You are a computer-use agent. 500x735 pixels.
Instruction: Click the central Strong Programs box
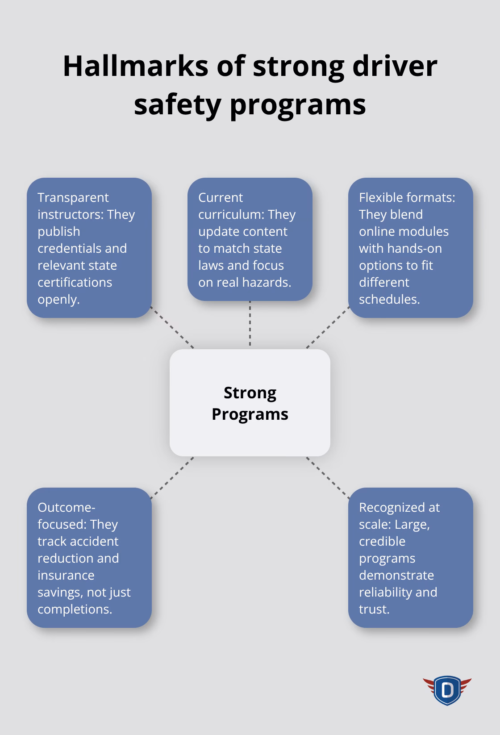coord(250,403)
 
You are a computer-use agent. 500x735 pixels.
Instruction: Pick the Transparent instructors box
coord(89,248)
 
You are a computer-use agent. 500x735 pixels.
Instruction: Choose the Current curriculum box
coord(250,239)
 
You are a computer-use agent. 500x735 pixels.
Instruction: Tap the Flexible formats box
coord(410,248)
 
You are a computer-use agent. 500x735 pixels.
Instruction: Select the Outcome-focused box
coord(89,558)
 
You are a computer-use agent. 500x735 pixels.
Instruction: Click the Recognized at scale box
coord(410,558)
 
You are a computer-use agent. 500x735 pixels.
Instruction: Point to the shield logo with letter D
coord(447,690)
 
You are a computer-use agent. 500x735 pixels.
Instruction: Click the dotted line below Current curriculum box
coord(250,324)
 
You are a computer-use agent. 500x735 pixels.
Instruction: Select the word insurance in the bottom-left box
coord(66,575)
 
